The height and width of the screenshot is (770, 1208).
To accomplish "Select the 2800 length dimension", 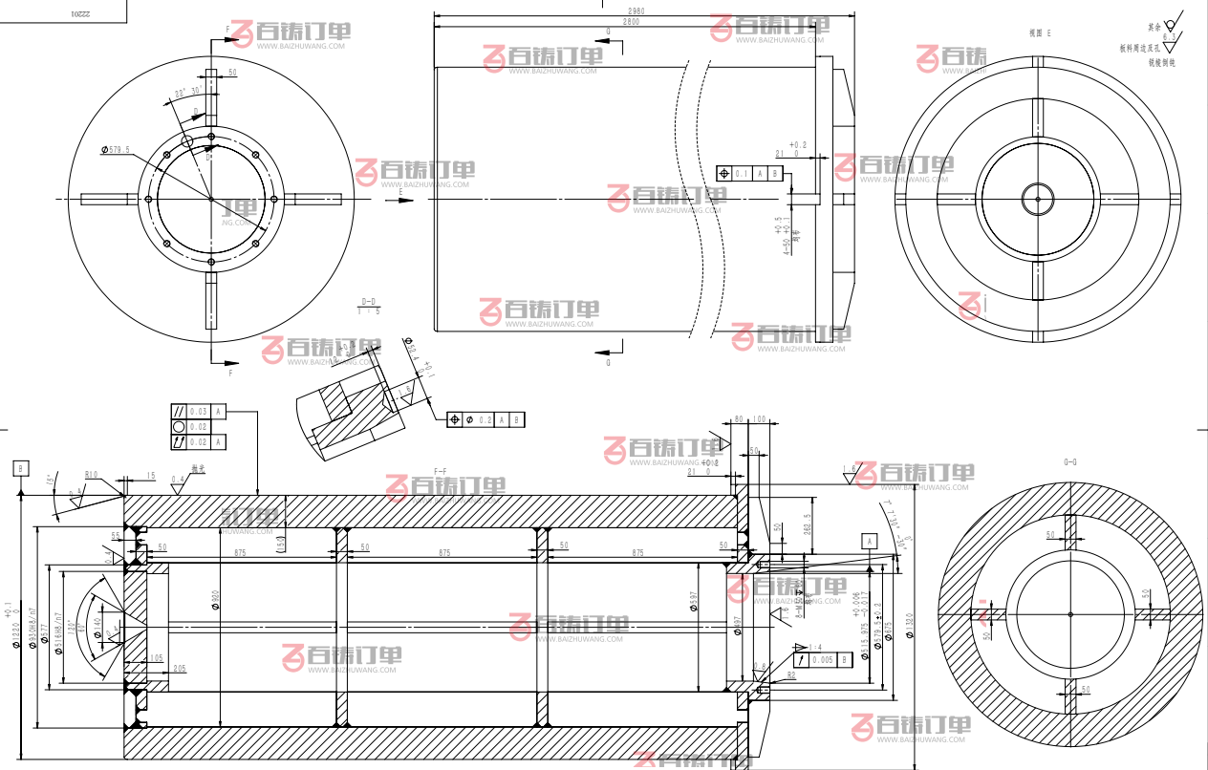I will [x=631, y=21].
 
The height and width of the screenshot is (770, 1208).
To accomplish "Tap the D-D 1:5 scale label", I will [x=369, y=306].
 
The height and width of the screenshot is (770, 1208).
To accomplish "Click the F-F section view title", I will [x=441, y=471].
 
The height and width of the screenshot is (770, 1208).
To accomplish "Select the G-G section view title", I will [x=1070, y=461].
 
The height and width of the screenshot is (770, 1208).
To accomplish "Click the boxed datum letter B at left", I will [x=20, y=468].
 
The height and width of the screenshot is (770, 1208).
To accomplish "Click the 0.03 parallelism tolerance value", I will [x=198, y=411].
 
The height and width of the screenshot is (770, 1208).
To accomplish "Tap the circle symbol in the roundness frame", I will [x=178, y=426].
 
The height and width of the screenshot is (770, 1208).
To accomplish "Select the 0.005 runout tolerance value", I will [x=822, y=660].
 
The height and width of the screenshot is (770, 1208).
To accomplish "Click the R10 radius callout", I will [x=92, y=474].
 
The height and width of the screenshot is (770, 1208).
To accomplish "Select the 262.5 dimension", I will [x=808, y=528].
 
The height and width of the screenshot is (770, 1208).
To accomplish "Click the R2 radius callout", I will [x=792, y=675].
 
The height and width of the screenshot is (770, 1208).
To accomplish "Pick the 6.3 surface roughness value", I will [x=1169, y=36].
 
